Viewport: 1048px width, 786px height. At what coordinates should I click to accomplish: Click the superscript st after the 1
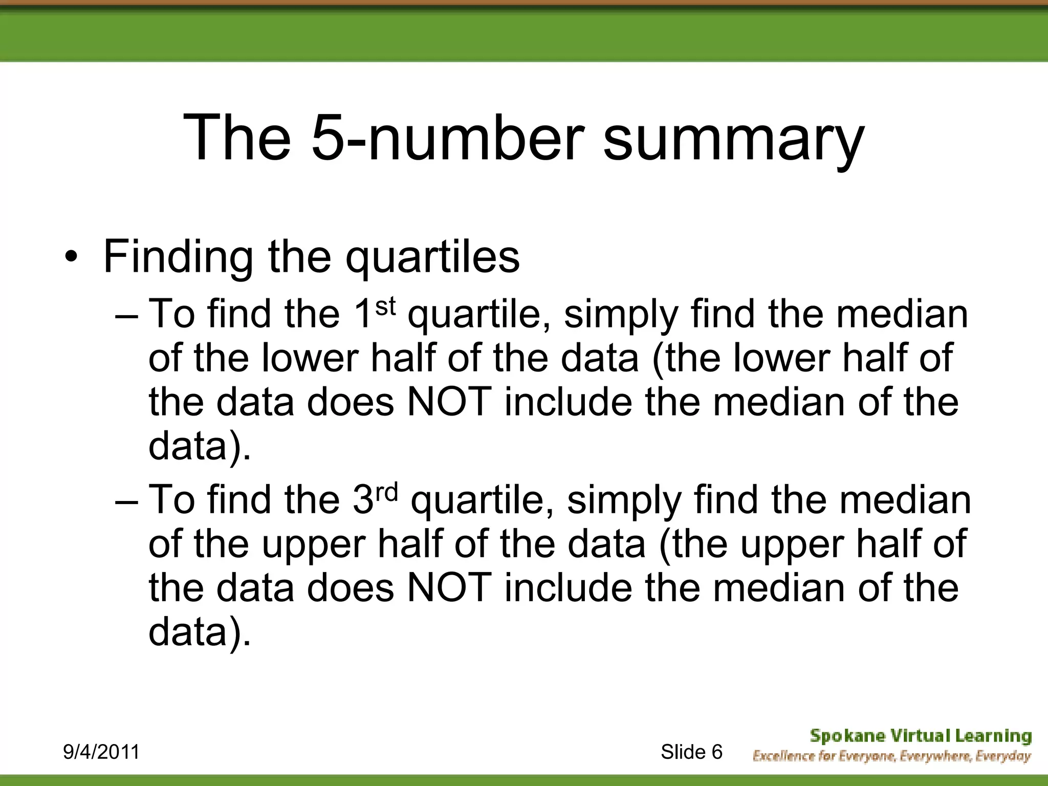[386, 306]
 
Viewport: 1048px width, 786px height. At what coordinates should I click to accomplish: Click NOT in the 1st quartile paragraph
[449, 402]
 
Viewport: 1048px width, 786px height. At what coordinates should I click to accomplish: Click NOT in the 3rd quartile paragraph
[449, 588]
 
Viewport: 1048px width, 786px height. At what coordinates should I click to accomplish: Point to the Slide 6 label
[691, 752]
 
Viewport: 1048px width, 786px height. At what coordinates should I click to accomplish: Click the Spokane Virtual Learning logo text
[921, 736]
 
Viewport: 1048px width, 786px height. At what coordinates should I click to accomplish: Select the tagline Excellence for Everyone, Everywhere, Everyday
[891, 756]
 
